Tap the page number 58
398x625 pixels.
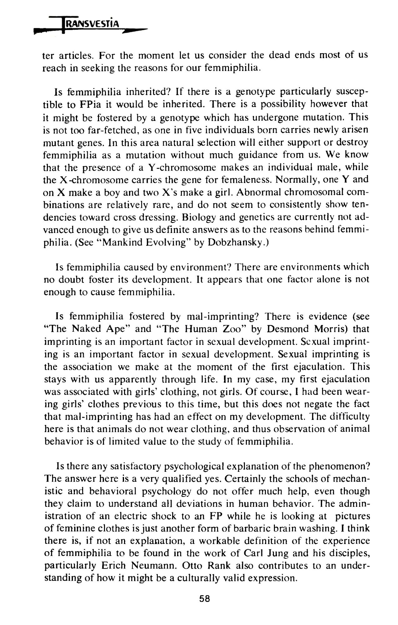coord(205,598)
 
